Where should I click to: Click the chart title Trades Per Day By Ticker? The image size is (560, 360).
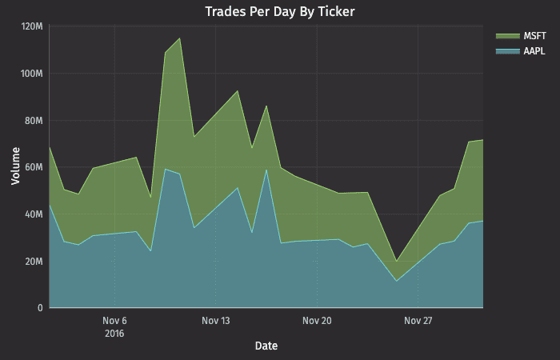point(279,11)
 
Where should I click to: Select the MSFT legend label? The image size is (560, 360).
point(534,37)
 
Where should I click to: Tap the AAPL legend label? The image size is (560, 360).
point(534,51)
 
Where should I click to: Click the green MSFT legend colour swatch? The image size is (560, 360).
point(506,37)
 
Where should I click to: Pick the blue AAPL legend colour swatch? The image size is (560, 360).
point(506,51)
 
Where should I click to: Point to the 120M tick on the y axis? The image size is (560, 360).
point(32,27)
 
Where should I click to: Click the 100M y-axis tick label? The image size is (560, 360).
point(32,74)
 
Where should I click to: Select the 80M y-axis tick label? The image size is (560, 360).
point(34,121)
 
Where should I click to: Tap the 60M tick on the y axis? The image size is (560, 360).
point(34,168)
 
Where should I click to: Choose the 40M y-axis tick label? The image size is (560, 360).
point(34,214)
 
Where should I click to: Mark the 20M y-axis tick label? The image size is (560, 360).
point(34,262)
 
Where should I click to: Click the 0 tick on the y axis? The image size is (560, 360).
point(40,308)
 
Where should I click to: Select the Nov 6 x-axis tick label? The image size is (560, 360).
point(115,321)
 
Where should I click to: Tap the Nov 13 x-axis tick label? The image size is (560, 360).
point(216,321)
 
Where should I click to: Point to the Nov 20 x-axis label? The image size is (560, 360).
point(317,321)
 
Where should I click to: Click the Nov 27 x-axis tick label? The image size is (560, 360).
point(418,321)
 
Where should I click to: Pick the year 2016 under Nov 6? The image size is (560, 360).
point(115,333)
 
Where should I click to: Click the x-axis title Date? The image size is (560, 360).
point(266,346)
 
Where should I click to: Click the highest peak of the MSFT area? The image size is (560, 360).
point(179,38)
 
